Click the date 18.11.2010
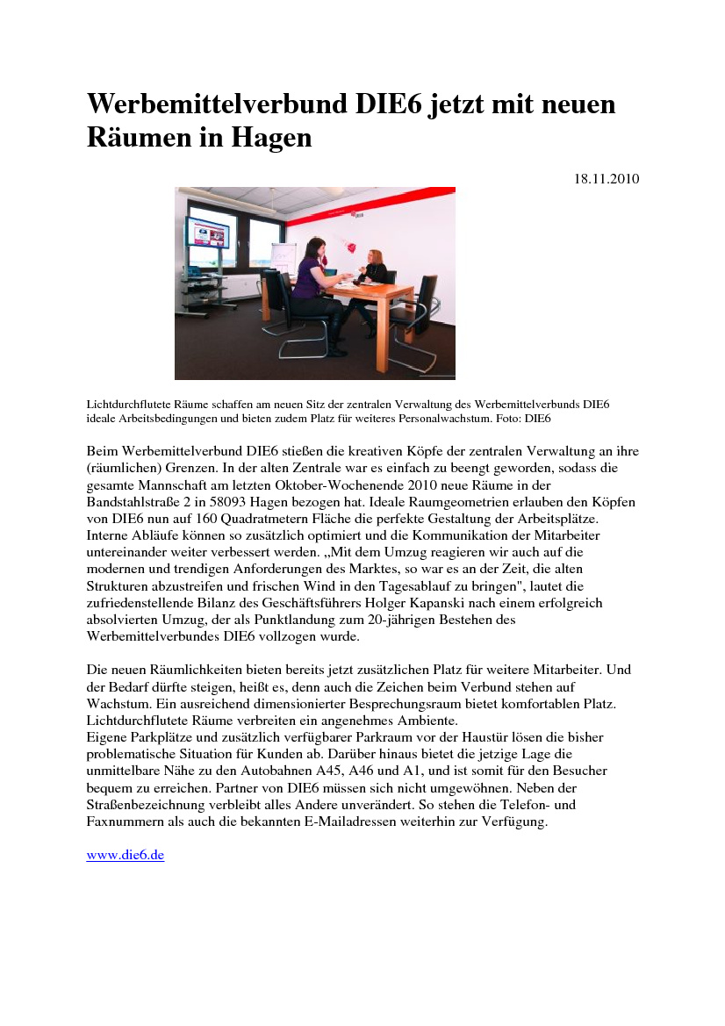607,179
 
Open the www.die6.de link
126,855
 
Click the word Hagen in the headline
271,138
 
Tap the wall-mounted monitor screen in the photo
208,233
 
